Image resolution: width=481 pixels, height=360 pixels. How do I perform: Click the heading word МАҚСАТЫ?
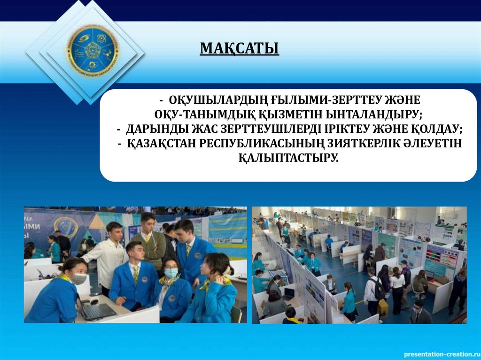click(240, 48)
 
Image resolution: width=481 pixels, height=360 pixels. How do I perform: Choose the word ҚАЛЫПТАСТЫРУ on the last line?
click(288, 158)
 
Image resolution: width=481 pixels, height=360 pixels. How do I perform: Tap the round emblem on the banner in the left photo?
click(66, 227)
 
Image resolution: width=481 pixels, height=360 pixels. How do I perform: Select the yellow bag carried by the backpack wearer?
click(383, 307)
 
